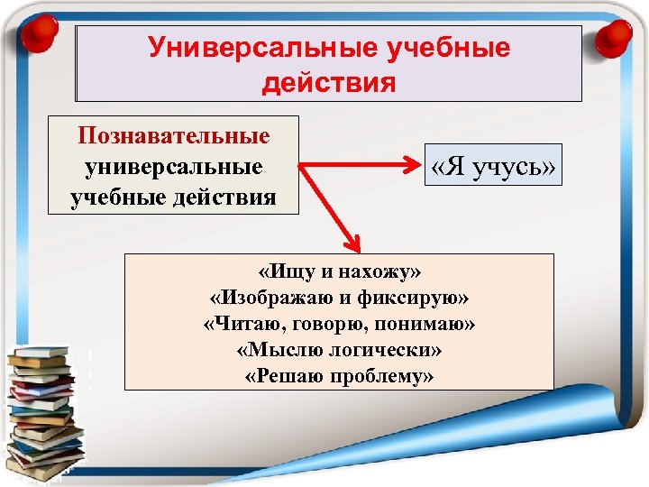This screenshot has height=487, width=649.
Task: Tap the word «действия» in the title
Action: (329, 83)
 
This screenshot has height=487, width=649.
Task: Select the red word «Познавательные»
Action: (174, 135)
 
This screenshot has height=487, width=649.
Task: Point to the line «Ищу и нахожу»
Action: (339, 270)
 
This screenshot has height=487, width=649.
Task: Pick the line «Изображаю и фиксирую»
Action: (339, 296)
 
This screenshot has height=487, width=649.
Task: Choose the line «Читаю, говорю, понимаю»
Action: (339, 323)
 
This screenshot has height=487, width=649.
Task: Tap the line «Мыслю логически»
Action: (339, 349)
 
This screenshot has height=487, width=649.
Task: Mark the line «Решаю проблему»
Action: (339, 376)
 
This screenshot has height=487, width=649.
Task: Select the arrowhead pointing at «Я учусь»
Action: (413, 165)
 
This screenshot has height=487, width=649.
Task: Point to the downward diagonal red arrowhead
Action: (351, 243)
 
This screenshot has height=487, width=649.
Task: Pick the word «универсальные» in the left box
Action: (174, 167)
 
